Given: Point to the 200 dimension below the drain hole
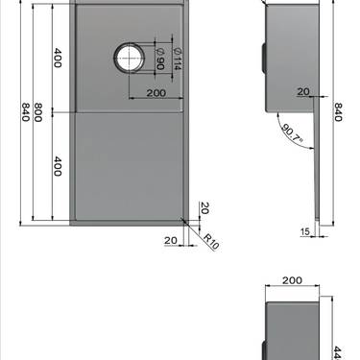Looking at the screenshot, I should click(159, 93).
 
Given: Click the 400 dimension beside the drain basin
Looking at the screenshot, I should click(58, 58).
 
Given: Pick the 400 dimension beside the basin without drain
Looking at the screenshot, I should click(58, 167).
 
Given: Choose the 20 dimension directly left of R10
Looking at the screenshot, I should click(170, 240).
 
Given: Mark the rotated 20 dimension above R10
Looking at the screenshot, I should click(205, 208).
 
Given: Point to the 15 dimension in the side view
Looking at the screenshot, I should click(303, 231).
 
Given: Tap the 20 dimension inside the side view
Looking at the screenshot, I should click(303, 92).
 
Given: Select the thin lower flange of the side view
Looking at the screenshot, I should click(316, 192).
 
